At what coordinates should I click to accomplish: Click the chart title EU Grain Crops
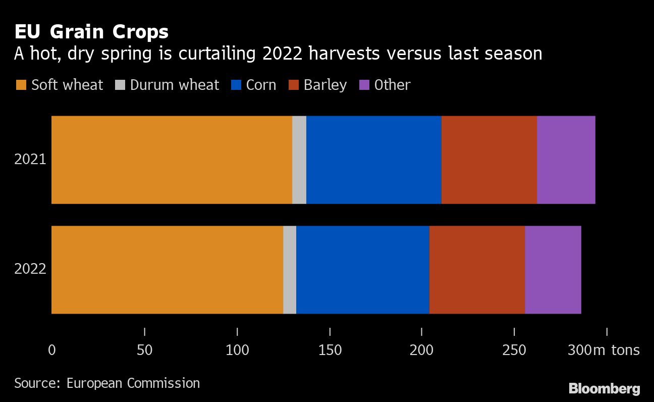(91, 32)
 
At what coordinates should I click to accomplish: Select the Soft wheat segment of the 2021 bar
(172, 160)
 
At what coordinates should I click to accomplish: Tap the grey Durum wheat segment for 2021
(299, 160)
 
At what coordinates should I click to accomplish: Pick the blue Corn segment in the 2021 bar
(373, 160)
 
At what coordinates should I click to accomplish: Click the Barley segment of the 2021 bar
(489, 160)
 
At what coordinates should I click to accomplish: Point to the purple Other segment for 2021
(566, 160)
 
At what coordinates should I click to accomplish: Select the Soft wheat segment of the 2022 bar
(167, 270)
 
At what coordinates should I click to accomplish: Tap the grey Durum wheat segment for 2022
(290, 270)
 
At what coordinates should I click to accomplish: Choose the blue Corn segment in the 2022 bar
(362, 270)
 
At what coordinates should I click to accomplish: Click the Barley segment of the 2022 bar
(477, 270)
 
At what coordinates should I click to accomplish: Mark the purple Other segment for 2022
(553, 270)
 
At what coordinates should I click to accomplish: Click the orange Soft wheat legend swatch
(21, 85)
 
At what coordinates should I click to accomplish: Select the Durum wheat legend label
(174, 85)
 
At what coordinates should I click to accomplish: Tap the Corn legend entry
(255, 85)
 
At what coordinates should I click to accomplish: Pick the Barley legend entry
(318, 85)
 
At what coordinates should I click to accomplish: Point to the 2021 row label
(30, 160)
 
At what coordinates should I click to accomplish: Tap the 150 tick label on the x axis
(330, 350)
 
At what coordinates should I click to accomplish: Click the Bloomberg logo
(604, 388)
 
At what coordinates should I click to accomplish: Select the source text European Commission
(133, 383)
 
